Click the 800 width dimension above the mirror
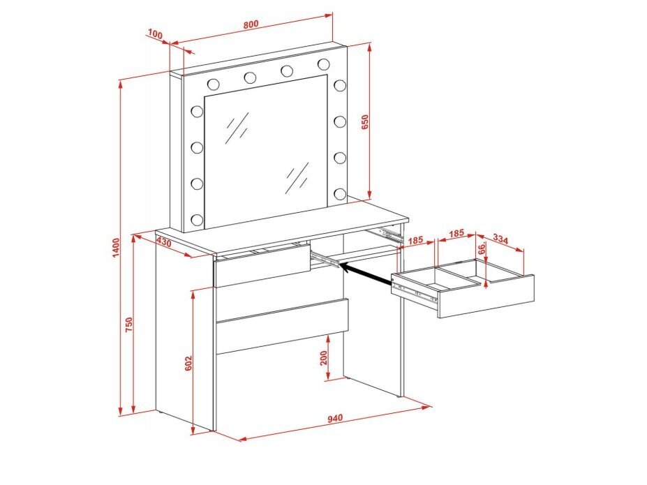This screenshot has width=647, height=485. point(251,24)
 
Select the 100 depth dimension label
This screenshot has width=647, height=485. point(155,35)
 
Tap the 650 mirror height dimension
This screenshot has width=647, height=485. point(365,123)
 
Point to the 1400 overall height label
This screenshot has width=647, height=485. point(116,248)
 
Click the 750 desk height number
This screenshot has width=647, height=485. point(128,325)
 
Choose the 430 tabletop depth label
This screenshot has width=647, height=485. point(164,242)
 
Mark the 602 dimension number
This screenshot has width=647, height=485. point(188,364)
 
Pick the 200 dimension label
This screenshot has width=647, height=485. point(323,357)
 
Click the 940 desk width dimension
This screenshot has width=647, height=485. point(335,419)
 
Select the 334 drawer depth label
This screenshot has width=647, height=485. point(500,239)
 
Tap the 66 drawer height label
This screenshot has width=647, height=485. point(481,248)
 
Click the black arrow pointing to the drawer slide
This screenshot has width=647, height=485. point(367,274)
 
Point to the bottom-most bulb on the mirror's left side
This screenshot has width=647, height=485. point(197,219)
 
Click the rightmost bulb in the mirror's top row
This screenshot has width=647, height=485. point(324,64)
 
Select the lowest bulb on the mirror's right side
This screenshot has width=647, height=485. point(340,193)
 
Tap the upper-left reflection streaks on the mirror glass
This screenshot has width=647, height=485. point(237,128)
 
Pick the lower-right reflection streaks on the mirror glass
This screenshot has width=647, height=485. point(297,178)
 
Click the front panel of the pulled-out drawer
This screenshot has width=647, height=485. point(486,297)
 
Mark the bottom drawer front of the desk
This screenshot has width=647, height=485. point(282,326)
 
